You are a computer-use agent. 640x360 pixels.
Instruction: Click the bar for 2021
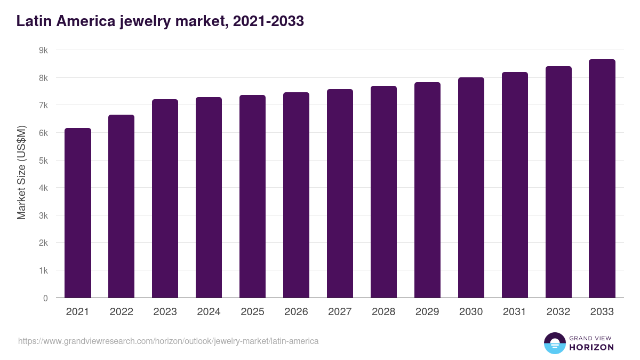click(x=78, y=213)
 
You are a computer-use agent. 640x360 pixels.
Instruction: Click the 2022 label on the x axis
click(x=122, y=312)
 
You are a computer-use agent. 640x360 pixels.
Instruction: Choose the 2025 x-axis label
click(x=252, y=312)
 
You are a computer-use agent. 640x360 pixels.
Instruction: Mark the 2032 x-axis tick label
click(x=558, y=312)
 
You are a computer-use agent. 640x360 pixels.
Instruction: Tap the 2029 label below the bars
click(x=427, y=312)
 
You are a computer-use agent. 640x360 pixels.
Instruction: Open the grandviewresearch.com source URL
click(x=168, y=341)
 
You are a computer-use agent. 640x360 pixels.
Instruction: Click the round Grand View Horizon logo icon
click(x=554, y=343)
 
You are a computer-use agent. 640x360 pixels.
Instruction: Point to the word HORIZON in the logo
click(x=591, y=347)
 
